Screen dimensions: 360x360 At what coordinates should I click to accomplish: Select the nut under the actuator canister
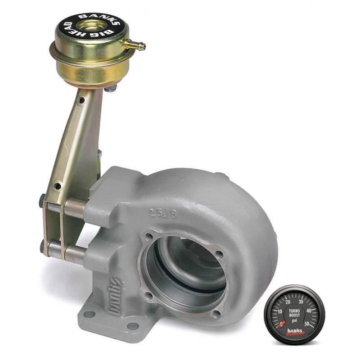[109, 90]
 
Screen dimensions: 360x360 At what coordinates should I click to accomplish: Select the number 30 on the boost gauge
[301, 301]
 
